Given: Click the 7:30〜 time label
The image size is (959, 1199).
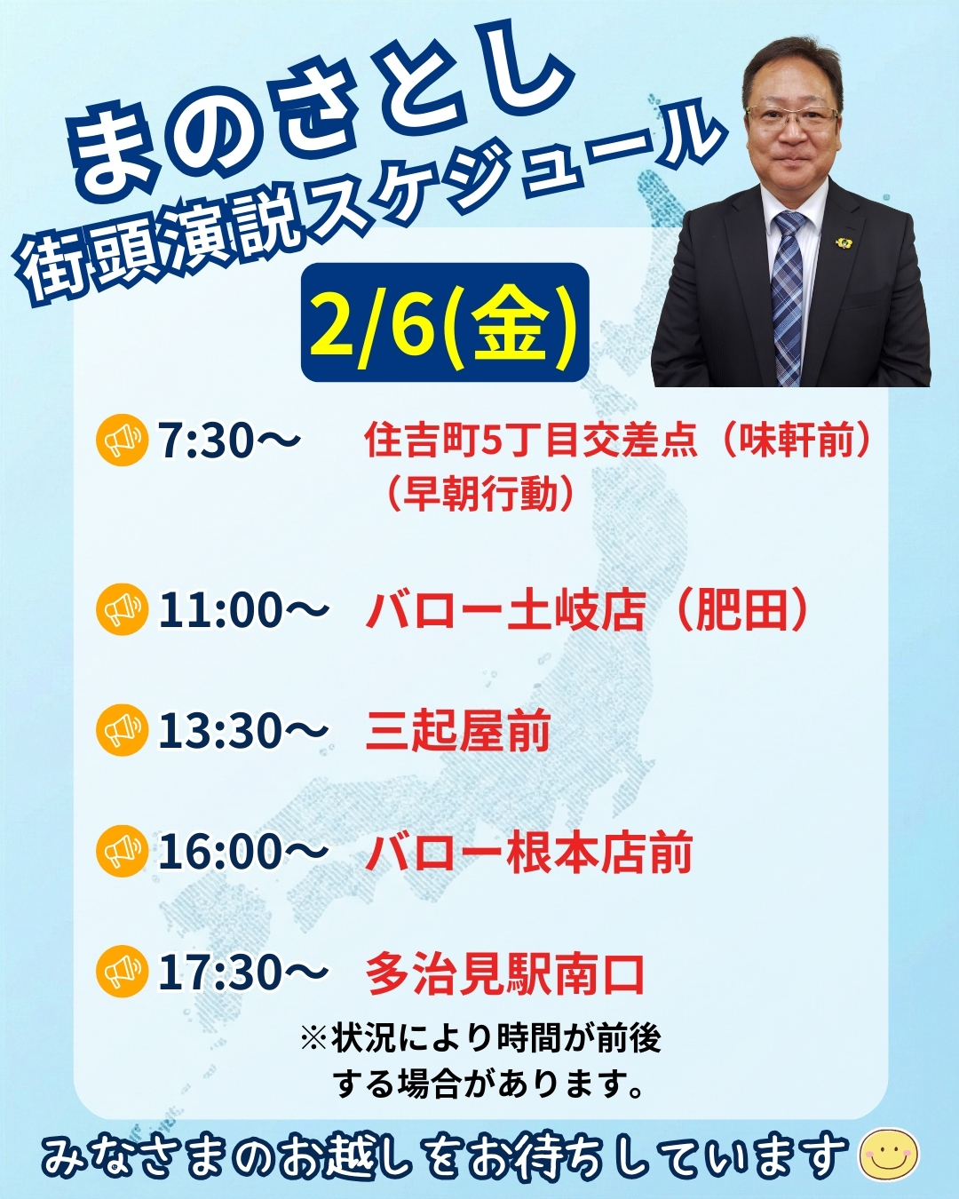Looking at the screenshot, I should pos(229,440).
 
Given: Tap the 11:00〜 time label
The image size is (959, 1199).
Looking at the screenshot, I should pos(242,610).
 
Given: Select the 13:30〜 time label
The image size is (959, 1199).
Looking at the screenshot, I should pos(242,731).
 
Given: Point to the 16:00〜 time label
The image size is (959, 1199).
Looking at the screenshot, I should pos(242,852).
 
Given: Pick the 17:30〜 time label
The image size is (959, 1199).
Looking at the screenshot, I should pos(242,973).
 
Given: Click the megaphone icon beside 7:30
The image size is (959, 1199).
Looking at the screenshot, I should pos(122,440).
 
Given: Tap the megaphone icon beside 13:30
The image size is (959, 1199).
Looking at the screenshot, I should pos(122,730).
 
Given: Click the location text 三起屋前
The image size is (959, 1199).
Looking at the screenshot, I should pos(458,731).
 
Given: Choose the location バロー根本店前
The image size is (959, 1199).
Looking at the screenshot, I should pos(529,853).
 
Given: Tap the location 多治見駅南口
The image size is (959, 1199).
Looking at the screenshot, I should pos(505,973).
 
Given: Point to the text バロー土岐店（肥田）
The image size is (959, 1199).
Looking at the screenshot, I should pos(588,610).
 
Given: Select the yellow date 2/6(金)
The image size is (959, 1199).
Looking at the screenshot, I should pos(444,323).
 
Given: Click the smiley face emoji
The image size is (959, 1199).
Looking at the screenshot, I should pos(889,1154).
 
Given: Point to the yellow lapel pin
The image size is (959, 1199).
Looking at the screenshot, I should pos(844,241).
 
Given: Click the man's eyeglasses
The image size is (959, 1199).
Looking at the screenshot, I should pos(791,115).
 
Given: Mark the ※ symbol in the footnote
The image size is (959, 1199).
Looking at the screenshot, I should pos(313,1038).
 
